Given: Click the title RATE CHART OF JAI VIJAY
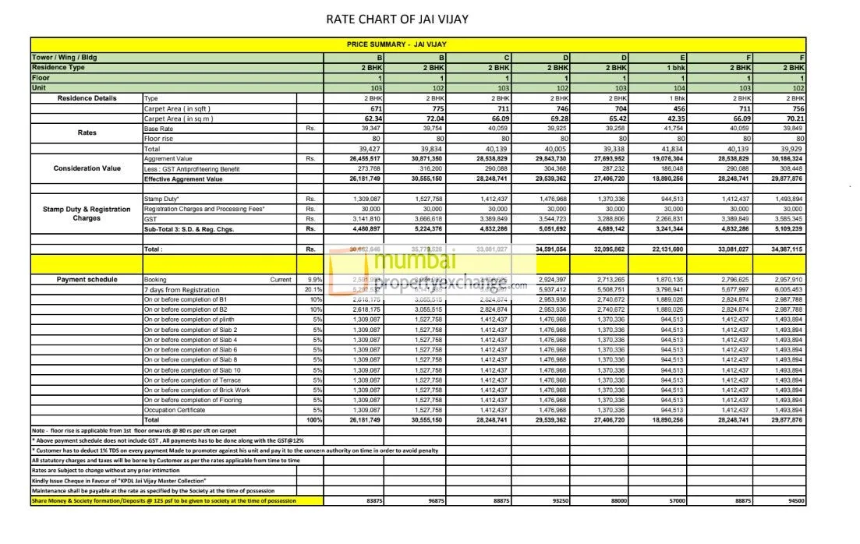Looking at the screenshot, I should click(x=397, y=18).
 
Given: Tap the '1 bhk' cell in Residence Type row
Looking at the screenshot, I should click(x=676, y=68).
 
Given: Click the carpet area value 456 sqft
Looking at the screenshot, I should click(x=679, y=109).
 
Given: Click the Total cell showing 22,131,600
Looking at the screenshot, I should click(x=669, y=249).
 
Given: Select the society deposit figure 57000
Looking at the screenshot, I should click(x=677, y=501).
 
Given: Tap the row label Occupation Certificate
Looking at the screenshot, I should click(x=175, y=410).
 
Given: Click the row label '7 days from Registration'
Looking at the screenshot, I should click(x=181, y=289).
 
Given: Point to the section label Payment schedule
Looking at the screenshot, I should click(x=87, y=279).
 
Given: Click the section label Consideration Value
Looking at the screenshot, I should click(x=87, y=168).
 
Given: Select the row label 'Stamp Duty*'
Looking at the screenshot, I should click(x=160, y=200).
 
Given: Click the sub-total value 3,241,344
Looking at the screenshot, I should click(x=670, y=229).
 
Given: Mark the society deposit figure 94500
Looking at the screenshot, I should click(x=796, y=501).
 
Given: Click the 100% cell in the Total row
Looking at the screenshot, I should click(x=313, y=420).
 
